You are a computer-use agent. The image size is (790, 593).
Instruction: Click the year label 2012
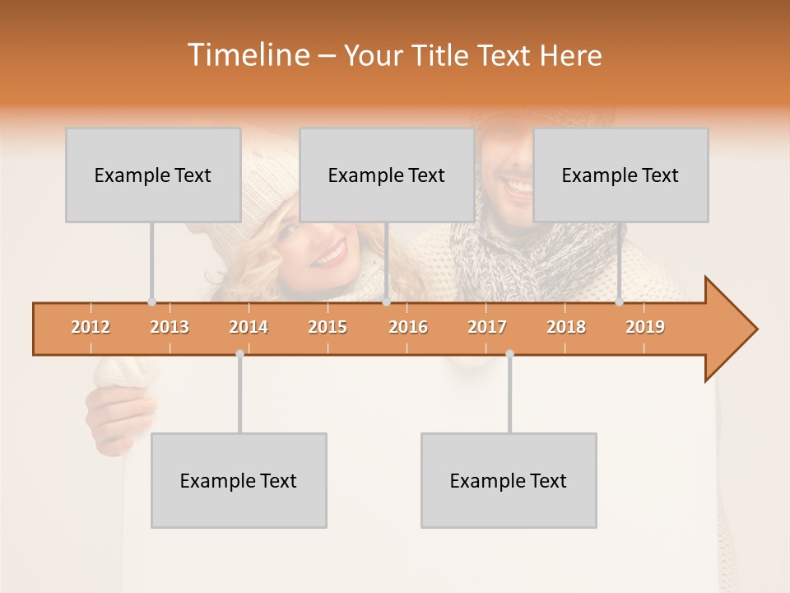91,327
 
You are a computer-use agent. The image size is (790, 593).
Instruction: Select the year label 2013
170,327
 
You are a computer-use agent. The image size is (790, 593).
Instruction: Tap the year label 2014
249,327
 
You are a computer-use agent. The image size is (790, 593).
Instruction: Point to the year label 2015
328,327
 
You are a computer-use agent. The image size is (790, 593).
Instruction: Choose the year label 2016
408,327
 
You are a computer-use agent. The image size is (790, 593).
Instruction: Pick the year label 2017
487,327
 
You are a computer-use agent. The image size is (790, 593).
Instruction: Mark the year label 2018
566,327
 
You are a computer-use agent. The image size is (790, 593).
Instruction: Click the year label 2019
645,327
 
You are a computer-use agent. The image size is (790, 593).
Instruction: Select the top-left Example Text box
153,175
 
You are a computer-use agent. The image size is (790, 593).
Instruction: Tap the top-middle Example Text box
387,175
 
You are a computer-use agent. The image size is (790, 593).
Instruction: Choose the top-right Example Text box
620,175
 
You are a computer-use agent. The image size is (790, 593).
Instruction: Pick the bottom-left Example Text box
239,480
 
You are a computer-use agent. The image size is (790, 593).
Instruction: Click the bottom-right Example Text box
509,480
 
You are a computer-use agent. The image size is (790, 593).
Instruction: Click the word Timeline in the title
248,55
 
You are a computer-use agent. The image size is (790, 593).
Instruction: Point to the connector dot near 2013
151,301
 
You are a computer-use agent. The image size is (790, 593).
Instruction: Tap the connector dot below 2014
239,353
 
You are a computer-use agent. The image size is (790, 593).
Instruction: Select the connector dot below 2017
509,353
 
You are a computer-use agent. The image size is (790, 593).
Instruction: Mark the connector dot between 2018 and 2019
620,301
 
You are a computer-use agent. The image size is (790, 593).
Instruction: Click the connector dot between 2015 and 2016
386,301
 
